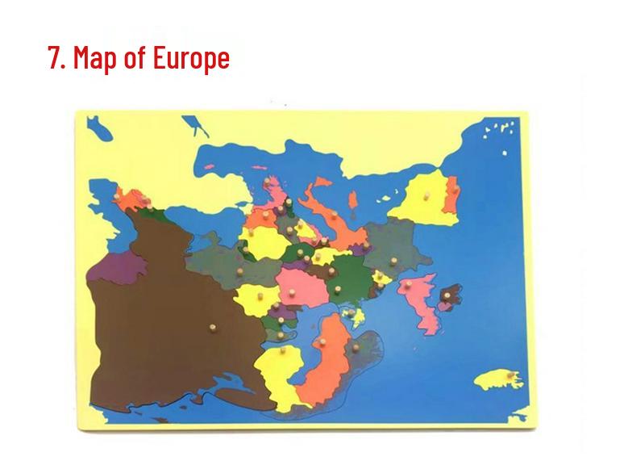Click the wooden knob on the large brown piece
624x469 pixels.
point(213,328)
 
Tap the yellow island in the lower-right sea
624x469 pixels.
point(493,378)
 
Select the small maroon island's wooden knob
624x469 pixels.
point(446,298)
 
